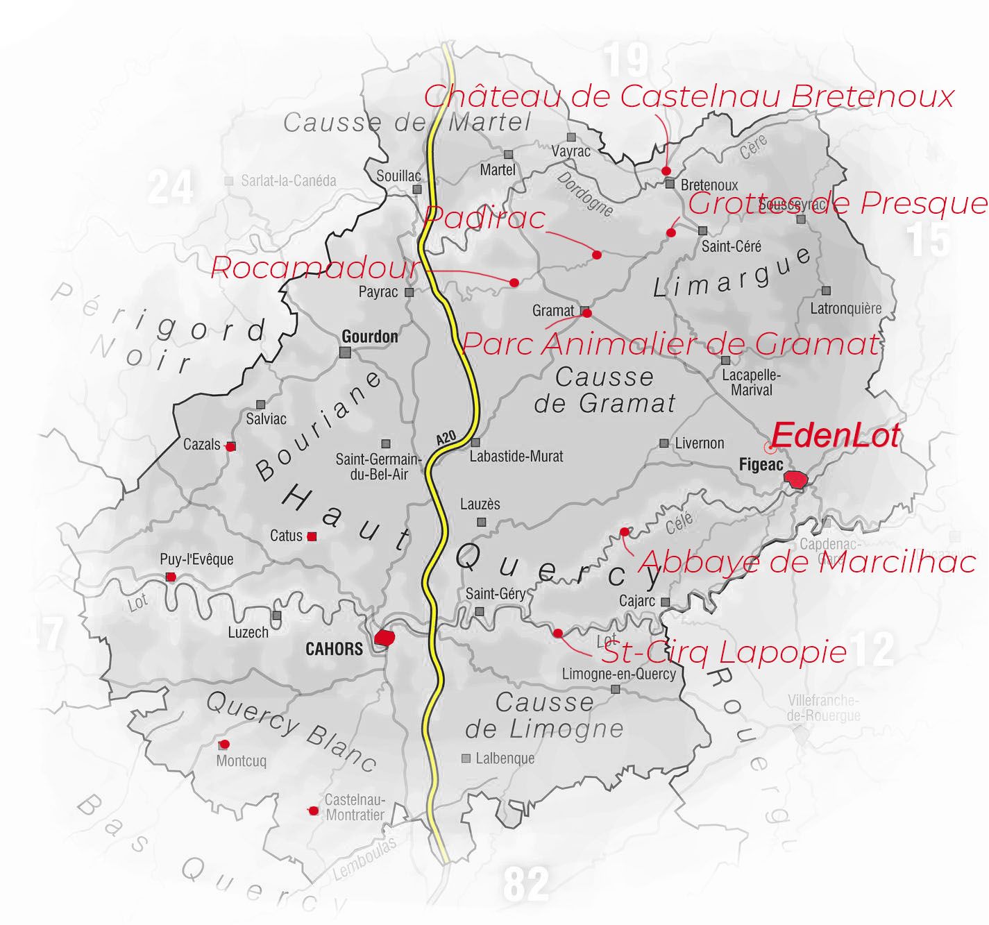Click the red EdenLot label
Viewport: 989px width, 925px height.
click(835, 436)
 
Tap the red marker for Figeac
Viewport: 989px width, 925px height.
click(796, 479)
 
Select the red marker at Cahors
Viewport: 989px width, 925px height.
click(384, 637)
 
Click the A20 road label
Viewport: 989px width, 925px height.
click(446, 438)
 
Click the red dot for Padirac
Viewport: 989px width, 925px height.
click(596, 255)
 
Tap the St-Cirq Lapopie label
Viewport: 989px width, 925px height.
click(724, 652)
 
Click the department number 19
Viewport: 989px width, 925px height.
click(626, 60)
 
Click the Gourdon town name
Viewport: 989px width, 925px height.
click(370, 337)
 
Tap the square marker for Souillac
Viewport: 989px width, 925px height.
click(417, 189)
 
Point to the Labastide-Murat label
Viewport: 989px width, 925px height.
click(516, 457)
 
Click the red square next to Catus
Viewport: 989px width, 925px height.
click(312, 536)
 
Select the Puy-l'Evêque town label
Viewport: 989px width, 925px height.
click(196, 559)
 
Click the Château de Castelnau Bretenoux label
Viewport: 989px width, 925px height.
click(689, 96)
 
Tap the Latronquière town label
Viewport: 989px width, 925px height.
click(845, 309)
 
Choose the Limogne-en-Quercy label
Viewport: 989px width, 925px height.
click(618, 674)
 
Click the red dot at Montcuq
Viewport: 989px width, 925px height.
click(224, 745)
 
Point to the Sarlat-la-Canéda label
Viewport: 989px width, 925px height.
click(288, 181)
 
